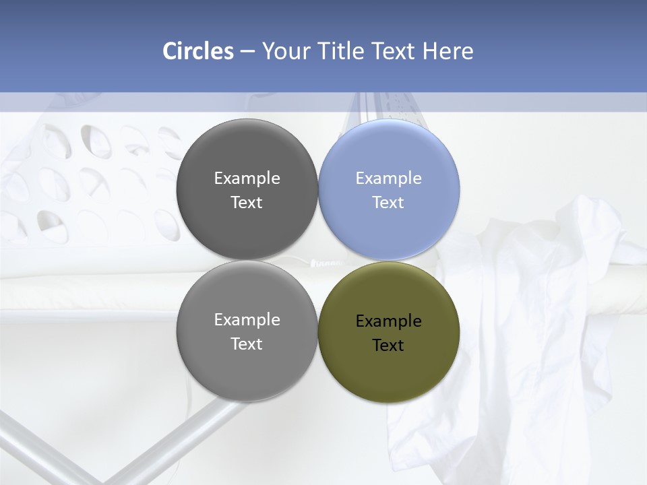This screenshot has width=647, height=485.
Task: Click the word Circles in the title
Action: [x=198, y=51]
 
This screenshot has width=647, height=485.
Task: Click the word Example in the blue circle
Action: [x=388, y=179]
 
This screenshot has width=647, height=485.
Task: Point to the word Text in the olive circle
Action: [x=388, y=346]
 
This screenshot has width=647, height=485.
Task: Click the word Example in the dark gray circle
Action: [x=247, y=179]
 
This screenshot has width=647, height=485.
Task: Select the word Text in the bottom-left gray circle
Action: [x=247, y=344]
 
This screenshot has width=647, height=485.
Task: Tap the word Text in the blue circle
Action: [x=388, y=203]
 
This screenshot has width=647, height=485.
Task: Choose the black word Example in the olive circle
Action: [x=388, y=321]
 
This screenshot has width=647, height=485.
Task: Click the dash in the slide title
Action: [x=247, y=51]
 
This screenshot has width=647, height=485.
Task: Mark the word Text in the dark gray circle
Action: [x=247, y=203]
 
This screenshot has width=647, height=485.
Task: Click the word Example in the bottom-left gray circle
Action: [x=247, y=320]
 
